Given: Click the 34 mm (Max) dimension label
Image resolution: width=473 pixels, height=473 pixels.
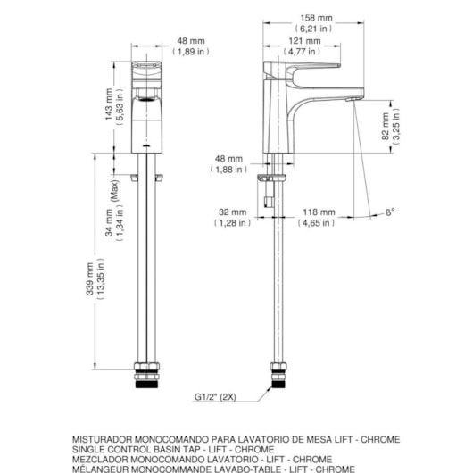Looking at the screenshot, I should click(x=110, y=214).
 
